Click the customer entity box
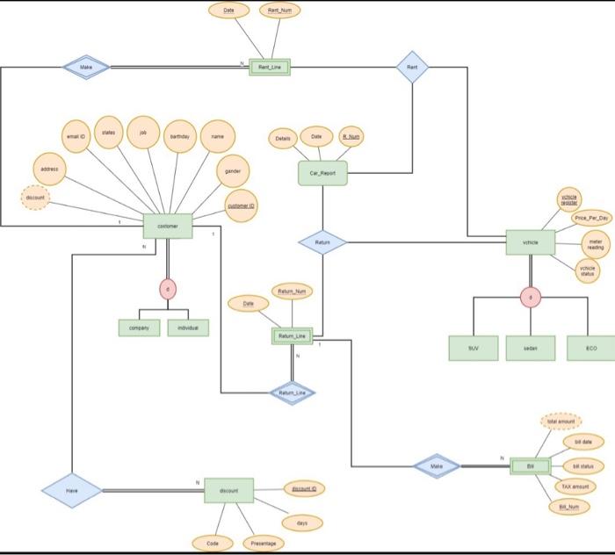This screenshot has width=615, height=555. pyautogui.click(x=167, y=226)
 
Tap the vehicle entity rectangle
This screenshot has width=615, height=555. pyautogui.click(x=530, y=241)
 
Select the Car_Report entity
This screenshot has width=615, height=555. pyautogui.click(x=322, y=173)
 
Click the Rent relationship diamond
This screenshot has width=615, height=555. pyautogui.click(x=412, y=67)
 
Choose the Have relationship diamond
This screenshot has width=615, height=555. pyautogui.click(x=71, y=491)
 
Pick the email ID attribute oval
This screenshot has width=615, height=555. pyautogui.click(x=75, y=137)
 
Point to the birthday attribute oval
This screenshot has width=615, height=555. pyautogui.click(x=179, y=137)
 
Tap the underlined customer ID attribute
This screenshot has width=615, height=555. pyautogui.click(x=242, y=205)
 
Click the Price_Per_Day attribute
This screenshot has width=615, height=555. pyautogui.click(x=591, y=218)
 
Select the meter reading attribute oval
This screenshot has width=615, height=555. pyautogui.click(x=595, y=243)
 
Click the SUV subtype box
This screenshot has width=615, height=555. pyautogui.click(x=473, y=348)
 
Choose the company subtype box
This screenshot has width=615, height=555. pyautogui.click(x=139, y=328)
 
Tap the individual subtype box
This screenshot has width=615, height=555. pyautogui.click(x=188, y=328)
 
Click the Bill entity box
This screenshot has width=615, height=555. pyautogui.click(x=530, y=465)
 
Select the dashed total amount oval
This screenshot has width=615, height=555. pyautogui.click(x=561, y=422)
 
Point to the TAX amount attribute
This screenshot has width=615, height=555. pyautogui.click(x=574, y=486)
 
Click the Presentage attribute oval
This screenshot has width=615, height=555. pyautogui.click(x=263, y=544)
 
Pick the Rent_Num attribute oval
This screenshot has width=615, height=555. pyautogui.click(x=279, y=11)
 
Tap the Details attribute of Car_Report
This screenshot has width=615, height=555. pyautogui.click(x=282, y=139)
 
